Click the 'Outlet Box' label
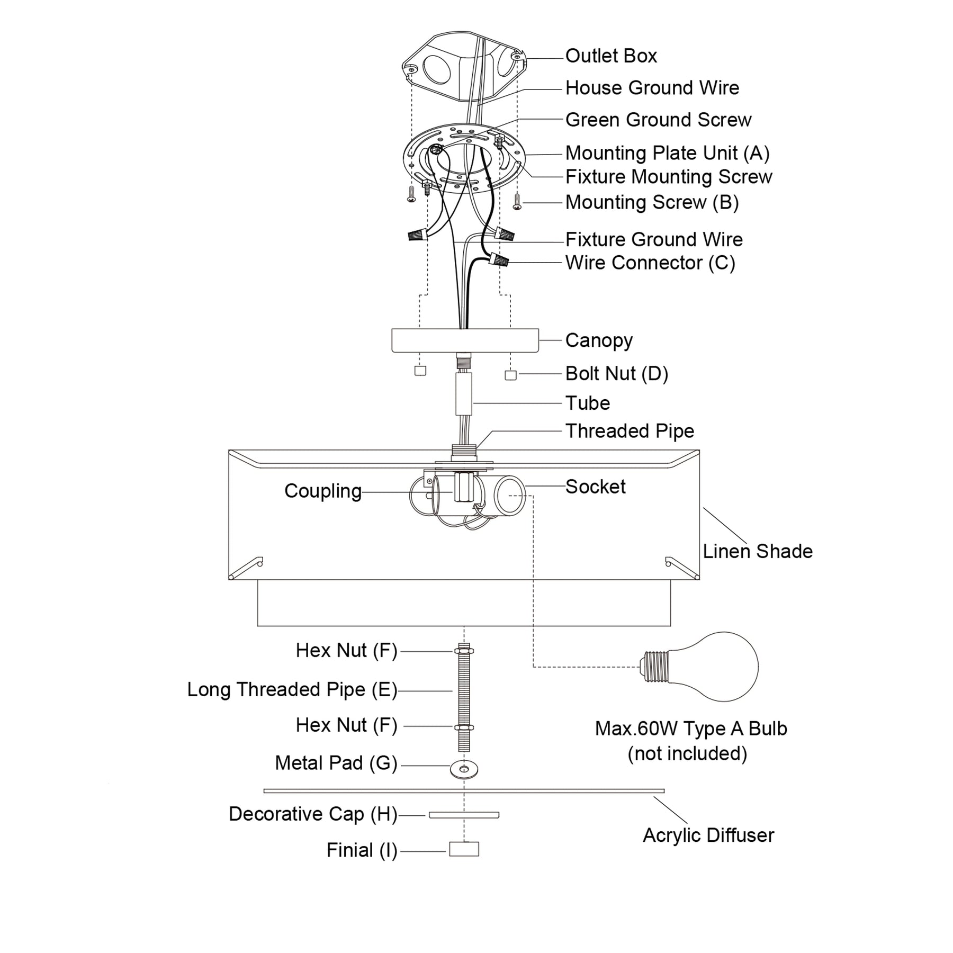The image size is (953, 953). tap(611, 56)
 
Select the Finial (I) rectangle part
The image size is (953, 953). tap(464, 849)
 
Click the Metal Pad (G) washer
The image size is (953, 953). tap(464, 769)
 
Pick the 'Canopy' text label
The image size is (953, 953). tap(599, 340)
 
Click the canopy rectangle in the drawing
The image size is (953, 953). tap(465, 340)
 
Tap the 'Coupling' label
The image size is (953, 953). tap(323, 491)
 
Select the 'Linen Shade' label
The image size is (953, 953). tap(758, 551)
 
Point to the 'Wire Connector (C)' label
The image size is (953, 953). tap(650, 263)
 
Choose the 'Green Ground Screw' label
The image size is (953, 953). tap(658, 120)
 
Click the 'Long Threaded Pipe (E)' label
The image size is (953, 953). tap(292, 689)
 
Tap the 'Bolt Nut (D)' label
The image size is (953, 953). tap(616, 374)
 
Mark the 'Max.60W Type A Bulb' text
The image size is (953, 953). tap(691, 729)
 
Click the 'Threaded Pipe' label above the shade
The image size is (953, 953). tap(630, 431)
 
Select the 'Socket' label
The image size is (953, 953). tap(595, 487)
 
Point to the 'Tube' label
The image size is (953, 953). tap(588, 403)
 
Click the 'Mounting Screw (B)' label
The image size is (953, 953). tap(652, 202)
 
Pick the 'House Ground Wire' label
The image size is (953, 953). tap(652, 88)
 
